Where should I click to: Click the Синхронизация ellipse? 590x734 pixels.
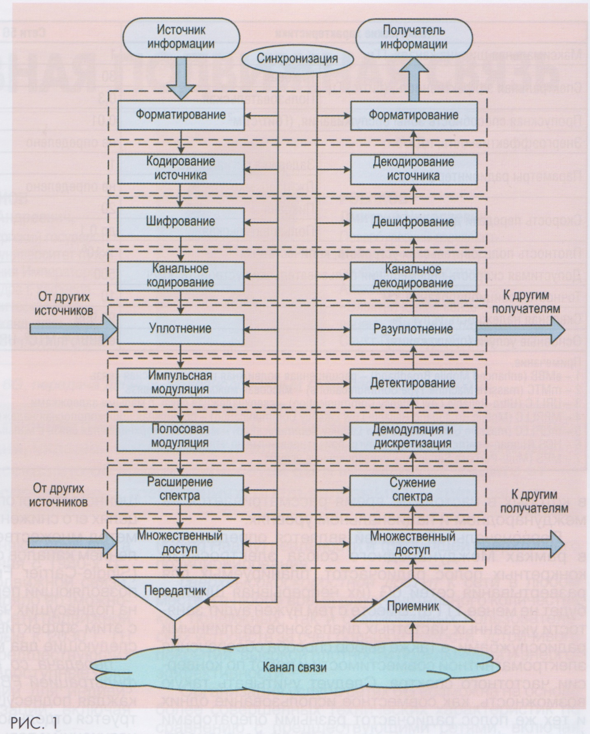297,59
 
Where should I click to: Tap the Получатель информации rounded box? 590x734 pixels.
413,37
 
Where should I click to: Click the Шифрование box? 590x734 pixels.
180,222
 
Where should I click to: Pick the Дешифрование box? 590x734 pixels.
413,223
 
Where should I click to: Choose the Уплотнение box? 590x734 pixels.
180,329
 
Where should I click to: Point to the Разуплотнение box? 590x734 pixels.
413,329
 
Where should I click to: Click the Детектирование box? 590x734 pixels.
413,383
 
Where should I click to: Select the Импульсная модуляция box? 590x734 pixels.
180,382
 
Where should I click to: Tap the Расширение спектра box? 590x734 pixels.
180,489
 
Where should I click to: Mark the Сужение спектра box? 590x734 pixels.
413,490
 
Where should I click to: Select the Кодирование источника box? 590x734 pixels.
180,168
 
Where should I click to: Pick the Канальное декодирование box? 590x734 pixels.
413,276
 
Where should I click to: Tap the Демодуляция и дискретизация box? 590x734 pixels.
413,436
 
